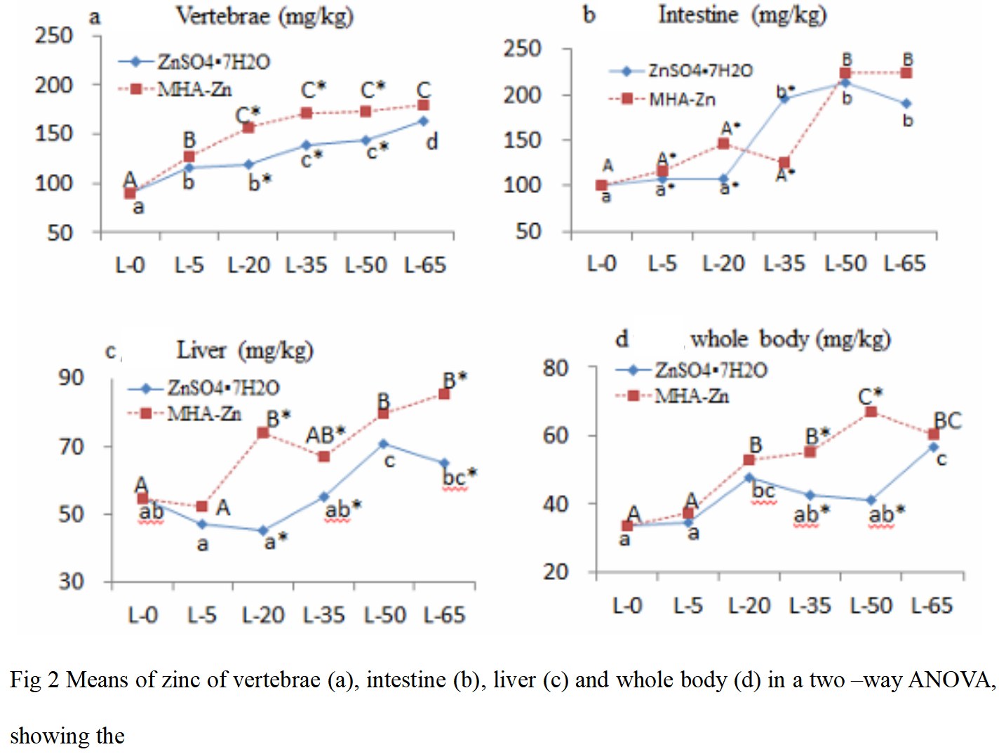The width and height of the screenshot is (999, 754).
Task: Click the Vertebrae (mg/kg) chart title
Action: [264, 16]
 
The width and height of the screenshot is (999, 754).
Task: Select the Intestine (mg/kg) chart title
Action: [742, 15]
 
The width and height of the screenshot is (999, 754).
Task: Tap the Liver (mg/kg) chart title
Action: [244, 350]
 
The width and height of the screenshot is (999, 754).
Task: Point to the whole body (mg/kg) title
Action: [790, 339]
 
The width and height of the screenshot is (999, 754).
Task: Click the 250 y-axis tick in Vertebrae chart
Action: [54, 35]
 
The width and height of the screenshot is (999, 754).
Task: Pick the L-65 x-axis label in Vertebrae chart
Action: [425, 265]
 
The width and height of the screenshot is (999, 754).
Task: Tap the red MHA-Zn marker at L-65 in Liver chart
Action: [444, 394]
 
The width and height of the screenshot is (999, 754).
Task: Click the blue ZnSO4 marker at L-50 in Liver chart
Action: [383, 444]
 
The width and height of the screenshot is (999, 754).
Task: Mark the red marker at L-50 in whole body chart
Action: [871, 411]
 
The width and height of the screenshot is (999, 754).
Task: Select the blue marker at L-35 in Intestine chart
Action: [784, 99]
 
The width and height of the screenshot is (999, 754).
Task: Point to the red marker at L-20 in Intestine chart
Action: [723, 144]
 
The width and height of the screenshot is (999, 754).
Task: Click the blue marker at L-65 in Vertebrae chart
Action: [424, 121]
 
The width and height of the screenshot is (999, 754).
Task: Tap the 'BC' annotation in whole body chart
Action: [947, 421]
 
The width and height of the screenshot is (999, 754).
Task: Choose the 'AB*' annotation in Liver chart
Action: [326, 435]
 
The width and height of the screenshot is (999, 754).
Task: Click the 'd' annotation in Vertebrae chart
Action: [432, 142]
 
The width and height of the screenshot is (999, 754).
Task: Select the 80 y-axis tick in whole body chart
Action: [556, 368]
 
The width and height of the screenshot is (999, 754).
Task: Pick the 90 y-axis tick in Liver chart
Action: [71, 378]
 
